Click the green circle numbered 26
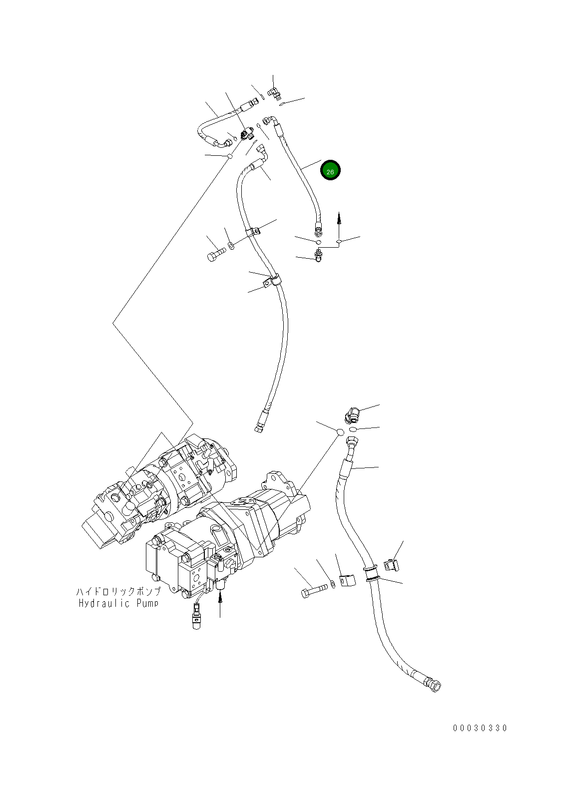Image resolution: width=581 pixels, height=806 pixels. (x=330, y=171)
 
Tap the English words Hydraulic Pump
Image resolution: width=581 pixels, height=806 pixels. (x=118, y=603)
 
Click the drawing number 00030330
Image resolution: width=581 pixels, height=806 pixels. (x=480, y=728)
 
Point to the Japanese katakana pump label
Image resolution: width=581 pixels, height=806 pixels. (x=118, y=592)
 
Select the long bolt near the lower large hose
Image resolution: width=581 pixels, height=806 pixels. (x=313, y=591)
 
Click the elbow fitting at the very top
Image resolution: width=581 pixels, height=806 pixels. (x=273, y=92)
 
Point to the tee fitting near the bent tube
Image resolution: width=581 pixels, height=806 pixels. (x=246, y=134)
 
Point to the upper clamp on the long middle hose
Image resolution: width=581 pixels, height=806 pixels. (x=253, y=232)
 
